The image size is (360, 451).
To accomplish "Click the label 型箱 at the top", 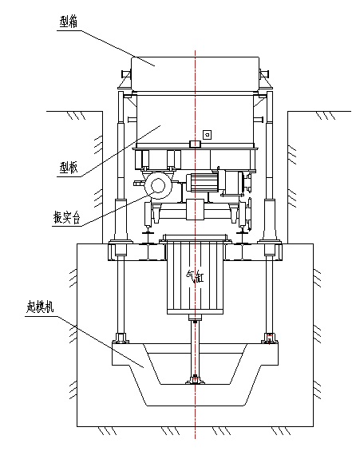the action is [68, 22].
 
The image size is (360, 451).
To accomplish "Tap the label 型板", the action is [69, 168].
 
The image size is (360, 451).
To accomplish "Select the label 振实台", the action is [66, 217].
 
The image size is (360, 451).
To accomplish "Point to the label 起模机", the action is [40, 307].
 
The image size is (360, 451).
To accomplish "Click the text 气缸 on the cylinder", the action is [195, 277].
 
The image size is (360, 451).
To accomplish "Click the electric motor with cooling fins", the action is [203, 182].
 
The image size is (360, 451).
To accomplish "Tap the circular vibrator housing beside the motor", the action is [158, 185].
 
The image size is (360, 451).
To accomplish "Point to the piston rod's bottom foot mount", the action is [196, 380].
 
